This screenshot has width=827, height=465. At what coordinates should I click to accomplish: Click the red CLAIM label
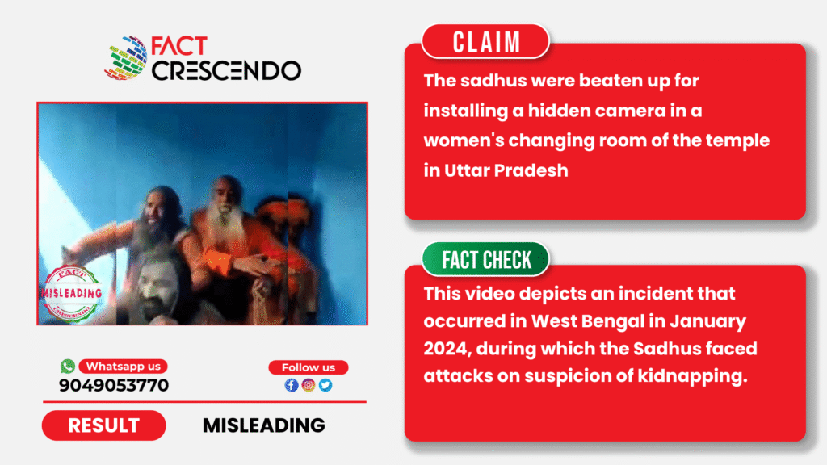tap(485, 41)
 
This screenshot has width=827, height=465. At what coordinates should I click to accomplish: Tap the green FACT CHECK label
tap(485, 259)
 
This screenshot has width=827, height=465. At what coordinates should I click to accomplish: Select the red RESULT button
tap(104, 425)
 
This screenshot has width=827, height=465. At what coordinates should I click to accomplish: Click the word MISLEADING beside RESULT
tap(264, 425)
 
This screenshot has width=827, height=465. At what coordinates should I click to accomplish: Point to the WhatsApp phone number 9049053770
tap(114, 385)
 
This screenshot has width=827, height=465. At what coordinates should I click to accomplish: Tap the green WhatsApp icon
tap(68, 366)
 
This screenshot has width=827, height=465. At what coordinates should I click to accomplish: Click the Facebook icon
tap(291, 385)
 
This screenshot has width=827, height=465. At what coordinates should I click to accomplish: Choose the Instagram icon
tap(309, 385)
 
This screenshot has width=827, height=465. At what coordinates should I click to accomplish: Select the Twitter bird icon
tap(325, 385)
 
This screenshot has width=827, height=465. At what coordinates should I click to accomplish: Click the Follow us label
tap(309, 367)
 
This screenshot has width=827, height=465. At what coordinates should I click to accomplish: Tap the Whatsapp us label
tap(124, 367)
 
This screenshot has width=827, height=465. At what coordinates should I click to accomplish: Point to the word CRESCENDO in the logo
tap(226, 71)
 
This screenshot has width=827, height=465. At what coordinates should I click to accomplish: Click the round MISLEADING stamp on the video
tap(72, 293)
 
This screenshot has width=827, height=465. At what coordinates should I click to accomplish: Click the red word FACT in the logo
tap(179, 46)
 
